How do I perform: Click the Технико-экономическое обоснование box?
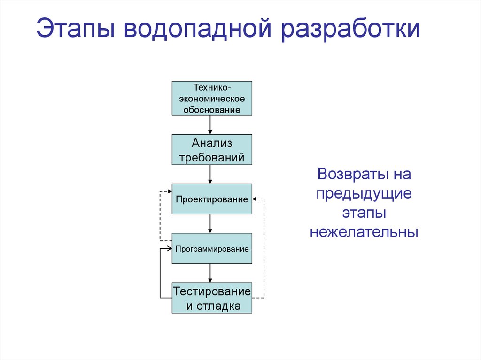(212, 99)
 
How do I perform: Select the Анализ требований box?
(212, 150)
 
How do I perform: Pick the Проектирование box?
(212, 199)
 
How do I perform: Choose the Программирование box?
(212, 249)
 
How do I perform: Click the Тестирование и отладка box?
(212, 299)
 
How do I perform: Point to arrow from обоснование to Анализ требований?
(210, 125)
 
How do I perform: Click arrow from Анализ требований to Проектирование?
(210, 174)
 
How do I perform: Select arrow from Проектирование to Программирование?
(210, 224)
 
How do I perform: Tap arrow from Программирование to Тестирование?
(210, 273)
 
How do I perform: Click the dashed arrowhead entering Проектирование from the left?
(169, 191)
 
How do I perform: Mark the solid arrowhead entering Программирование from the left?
(169, 249)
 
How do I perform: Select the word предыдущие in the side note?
(364, 193)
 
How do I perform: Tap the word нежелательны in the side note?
(364, 232)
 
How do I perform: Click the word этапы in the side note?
(364, 213)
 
